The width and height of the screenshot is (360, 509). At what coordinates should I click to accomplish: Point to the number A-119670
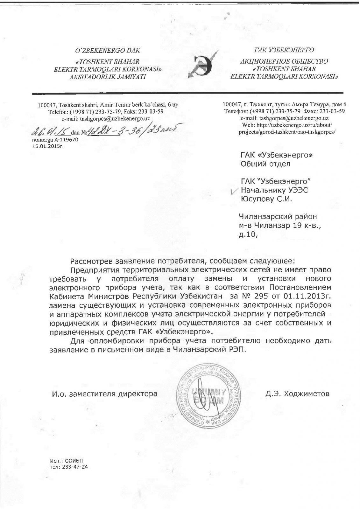pos(64,140)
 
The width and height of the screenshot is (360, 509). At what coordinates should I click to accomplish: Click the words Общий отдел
pos(265,164)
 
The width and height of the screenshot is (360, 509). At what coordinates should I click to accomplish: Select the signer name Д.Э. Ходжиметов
pos(297,394)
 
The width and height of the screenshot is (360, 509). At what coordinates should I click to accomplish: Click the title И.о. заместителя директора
pos(105,394)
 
